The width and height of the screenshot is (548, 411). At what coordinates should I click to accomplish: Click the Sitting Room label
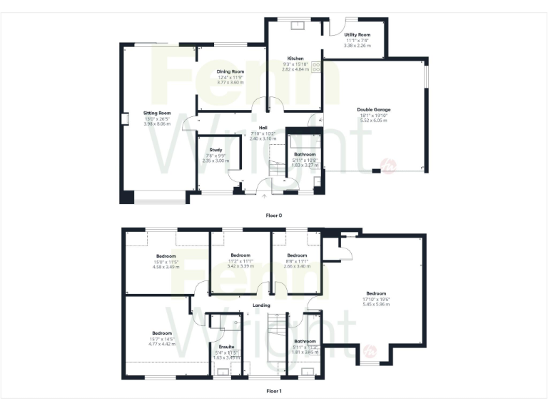click(x=157, y=113)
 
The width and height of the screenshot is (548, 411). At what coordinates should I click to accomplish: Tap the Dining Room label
click(x=230, y=72)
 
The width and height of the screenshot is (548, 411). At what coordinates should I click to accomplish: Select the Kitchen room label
click(x=296, y=59)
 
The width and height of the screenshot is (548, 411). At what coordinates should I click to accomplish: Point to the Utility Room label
click(x=357, y=34)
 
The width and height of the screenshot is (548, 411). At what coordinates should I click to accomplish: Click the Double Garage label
click(x=374, y=110)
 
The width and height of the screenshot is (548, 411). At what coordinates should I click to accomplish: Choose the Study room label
click(x=215, y=150)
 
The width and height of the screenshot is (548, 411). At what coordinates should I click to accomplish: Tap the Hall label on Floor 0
click(x=253, y=128)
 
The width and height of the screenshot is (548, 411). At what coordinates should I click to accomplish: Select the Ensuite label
click(x=227, y=347)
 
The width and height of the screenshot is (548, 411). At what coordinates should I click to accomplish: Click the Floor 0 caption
click(x=274, y=213)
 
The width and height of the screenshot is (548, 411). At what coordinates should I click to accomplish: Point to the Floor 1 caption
click(x=274, y=391)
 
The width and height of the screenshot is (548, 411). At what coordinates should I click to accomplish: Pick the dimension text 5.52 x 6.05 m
click(x=374, y=121)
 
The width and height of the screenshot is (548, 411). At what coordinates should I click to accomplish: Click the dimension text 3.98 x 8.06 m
click(x=157, y=124)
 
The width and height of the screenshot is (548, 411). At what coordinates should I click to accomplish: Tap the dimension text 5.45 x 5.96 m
click(x=376, y=304)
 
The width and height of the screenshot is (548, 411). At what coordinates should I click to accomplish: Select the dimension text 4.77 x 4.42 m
click(x=162, y=344)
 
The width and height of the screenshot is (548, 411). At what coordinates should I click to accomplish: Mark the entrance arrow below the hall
click(x=265, y=196)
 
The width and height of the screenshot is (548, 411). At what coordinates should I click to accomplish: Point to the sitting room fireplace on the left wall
click(x=124, y=119)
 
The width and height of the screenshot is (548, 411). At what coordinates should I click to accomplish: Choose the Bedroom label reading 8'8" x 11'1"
click(x=297, y=255)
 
